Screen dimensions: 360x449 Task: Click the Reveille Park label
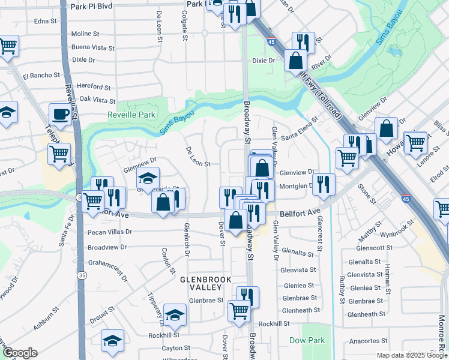coord(131,115)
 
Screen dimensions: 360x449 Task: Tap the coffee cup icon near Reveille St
coord(60,113)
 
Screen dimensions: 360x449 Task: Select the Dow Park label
coord(307,340)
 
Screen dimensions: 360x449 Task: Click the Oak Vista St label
coord(97,100)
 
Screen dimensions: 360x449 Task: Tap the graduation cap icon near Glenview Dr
coord(148,178)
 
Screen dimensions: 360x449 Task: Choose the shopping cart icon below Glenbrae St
coord(239,310)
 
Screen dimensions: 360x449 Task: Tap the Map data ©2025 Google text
coord(412,355)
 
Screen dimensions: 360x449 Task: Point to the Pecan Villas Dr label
coord(109,231)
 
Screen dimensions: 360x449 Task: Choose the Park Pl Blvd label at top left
coord(92,6)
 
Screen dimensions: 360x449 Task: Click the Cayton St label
coord(175,348)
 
